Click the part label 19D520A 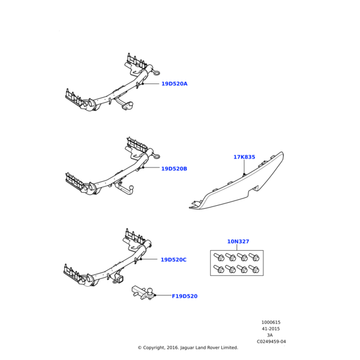[174, 84]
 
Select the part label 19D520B [174, 169]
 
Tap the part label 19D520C [173, 260]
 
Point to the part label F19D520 [184, 296]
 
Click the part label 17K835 [244, 157]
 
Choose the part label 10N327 [238, 242]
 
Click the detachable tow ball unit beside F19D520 [142, 293]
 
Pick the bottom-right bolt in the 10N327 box [255, 270]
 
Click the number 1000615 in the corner [271, 322]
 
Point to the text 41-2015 [271, 329]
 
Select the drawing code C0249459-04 [271, 341]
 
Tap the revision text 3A [271, 335]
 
